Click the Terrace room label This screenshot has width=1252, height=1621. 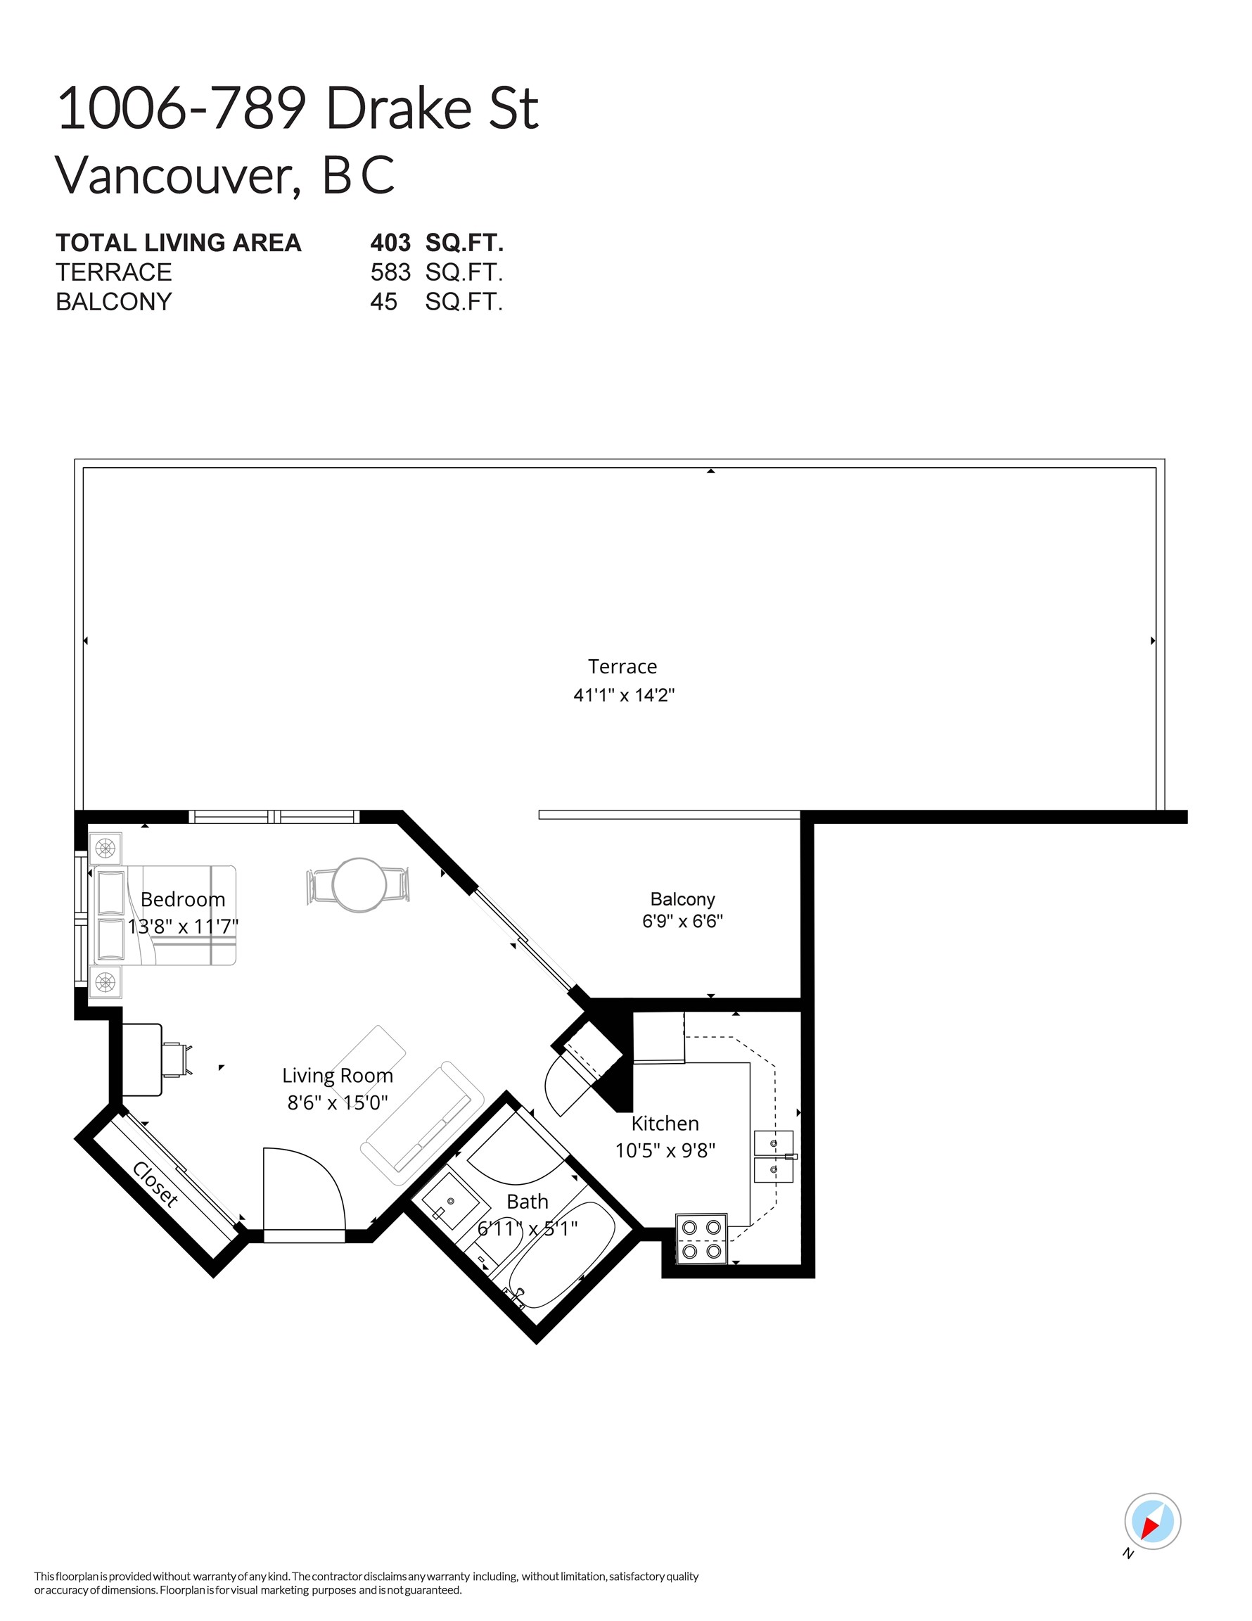click(622, 666)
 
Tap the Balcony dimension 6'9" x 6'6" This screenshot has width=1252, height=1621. click(682, 921)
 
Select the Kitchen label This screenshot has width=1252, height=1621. click(664, 1123)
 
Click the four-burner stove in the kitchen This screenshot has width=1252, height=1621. click(701, 1239)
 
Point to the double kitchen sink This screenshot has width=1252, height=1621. click(773, 1157)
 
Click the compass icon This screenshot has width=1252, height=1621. click(1152, 1522)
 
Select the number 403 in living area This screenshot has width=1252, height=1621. click(390, 243)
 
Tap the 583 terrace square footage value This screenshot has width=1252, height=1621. click(390, 272)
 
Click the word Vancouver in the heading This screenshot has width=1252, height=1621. click(174, 176)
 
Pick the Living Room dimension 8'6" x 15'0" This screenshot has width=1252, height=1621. click(338, 1102)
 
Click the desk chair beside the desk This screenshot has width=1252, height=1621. click(177, 1059)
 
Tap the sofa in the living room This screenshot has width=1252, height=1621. click(421, 1124)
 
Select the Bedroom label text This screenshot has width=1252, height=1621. click(183, 900)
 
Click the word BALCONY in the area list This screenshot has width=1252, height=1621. click(113, 302)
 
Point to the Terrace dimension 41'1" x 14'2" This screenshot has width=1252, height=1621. click(623, 695)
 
